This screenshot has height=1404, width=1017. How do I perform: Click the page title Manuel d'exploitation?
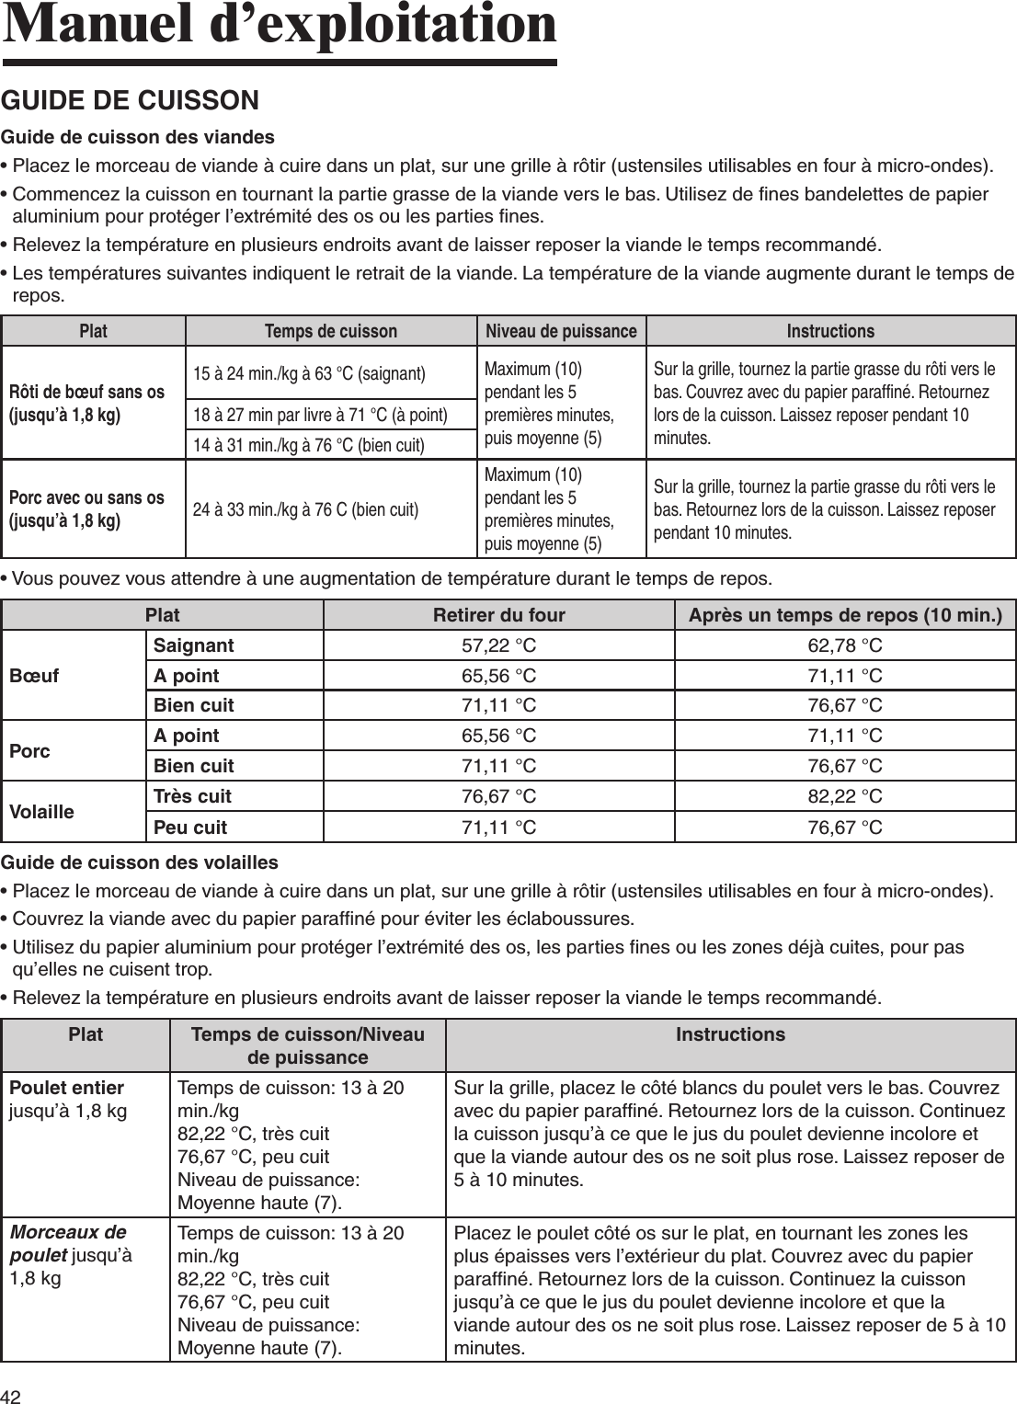click(x=280, y=26)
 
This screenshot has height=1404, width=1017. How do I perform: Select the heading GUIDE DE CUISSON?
click(x=131, y=100)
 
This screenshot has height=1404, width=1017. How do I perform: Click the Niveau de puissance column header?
click(x=561, y=331)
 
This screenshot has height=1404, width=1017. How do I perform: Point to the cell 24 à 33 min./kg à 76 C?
click(x=305, y=509)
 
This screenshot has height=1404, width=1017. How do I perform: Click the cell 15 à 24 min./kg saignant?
click(x=309, y=373)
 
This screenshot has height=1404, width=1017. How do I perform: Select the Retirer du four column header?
click(x=498, y=614)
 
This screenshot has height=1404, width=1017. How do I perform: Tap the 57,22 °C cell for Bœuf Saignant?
click(x=498, y=645)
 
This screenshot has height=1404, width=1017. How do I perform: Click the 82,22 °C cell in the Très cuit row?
click(x=844, y=796)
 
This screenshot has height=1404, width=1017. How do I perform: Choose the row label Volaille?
click(x=41, y=812)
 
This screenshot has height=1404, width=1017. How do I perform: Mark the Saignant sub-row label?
click(x=193, y=645)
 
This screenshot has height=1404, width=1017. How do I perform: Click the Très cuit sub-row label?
click(x=192, y=796)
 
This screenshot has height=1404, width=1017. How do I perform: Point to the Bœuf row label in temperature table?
click(x=34, y=676)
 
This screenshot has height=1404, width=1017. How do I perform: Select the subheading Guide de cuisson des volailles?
click(x=140, y=862)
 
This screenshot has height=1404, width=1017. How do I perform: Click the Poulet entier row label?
click(x=66, y=1088)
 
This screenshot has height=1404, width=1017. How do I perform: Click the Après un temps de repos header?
click(x=845, y=614)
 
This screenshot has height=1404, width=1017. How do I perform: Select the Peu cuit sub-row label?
click(x=190, y=828)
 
